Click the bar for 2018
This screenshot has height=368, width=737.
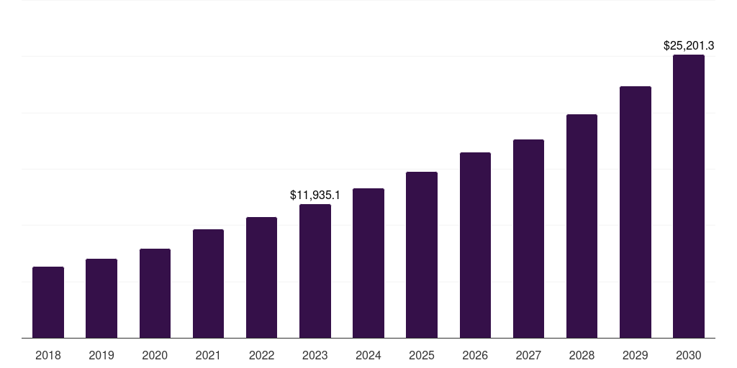coord(48,302)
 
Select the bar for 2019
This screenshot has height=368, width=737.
coord(101,298)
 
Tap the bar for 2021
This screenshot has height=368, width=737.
coord(208,283)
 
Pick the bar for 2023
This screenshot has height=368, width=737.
coord(315,271)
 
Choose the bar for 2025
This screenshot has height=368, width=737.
coord(422,254)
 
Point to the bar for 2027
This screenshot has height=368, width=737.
coord(528,239)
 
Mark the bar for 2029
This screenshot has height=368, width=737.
coord(636,212)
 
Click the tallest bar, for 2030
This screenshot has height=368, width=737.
coord(689,196)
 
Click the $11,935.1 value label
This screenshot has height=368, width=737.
coord(315,195)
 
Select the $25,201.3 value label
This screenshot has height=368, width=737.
coord(689,45)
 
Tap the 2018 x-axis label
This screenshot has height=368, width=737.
coord(48,355)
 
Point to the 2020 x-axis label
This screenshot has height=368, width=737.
coord(155,355)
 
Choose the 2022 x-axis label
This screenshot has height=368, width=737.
coord(261,355)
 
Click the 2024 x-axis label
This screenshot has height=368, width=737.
coord(368,355)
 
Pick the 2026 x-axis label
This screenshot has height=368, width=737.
coord(475,355)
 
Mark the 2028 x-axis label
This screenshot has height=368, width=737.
coord(582,355)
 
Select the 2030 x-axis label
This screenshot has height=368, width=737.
coord(689,355)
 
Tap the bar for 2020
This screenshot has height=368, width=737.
coord(155,293)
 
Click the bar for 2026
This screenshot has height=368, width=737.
coord(475,245)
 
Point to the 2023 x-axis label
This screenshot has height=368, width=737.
coord(315,355)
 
